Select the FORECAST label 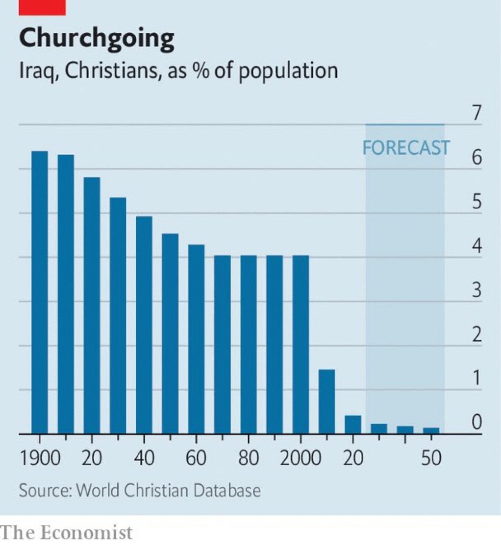click(405, 147)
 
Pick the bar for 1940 click(144, 325)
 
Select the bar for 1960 click(196, 339)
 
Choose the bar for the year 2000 click(301, 345)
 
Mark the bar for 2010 click(326, 402)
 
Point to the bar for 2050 click(431, 430)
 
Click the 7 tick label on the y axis click(476, 113)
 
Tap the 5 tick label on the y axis click(476, 202)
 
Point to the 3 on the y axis click(476, 291)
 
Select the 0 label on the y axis click(476, 423)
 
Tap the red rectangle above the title click(42, 7)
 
